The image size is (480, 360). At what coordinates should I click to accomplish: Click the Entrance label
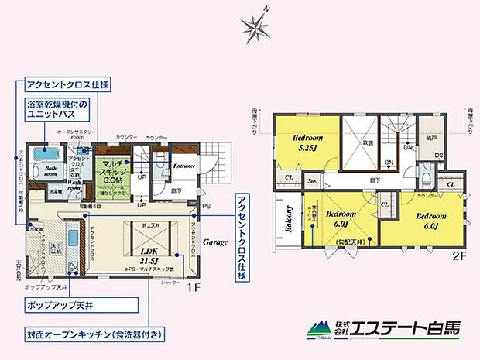(x=184, y=165)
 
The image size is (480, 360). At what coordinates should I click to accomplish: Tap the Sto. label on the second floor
(x=314, y=182)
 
